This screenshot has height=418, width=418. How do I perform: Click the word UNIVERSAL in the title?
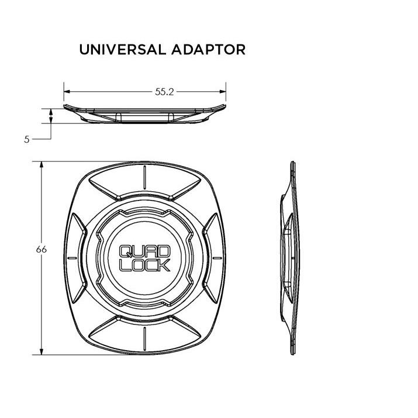(123, 50)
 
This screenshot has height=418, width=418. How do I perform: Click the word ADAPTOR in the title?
(208, 50)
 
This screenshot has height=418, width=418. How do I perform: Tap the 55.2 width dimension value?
(164, 92)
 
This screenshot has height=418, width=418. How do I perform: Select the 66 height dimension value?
(42, 250)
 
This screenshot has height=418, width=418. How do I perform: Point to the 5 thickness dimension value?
(27, 139)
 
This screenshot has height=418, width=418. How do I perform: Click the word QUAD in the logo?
(144, 251)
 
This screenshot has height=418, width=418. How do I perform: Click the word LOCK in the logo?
(144, 265)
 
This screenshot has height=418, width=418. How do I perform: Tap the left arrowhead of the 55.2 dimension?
(67, 92)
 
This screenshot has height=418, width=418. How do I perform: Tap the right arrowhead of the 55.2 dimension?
(223, 92)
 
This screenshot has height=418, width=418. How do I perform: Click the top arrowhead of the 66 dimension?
(42, 165)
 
